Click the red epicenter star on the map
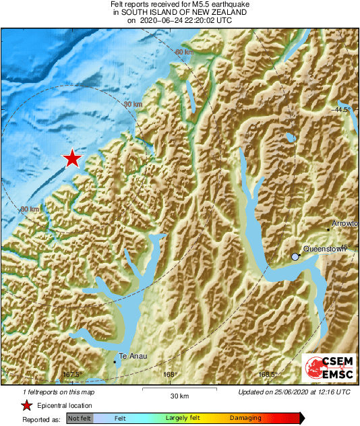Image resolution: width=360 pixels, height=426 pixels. pyautogui.click(x=72, y=159)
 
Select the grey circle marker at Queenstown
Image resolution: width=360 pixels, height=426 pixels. pyautogui.click(x=295, y=257)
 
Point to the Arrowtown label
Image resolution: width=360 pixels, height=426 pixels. pyautogui.click(x=346, y=223)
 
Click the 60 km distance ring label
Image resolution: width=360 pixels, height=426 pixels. pyautogui.click(x=183, y=53)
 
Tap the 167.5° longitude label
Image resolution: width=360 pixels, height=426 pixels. pyautogui.click(x=71, y=375)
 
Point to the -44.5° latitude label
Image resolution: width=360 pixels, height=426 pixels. pyautogui.click(x=343, y=109)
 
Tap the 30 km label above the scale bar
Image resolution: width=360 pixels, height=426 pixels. pyautogui.click(x=179, y=395)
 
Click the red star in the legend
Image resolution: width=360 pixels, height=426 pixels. pyautogui.click(x=26, y=406)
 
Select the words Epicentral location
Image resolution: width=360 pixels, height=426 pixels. pyautogui.click(x=65, y=406)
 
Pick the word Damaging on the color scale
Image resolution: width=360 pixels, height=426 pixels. pyautogui.click(x=245, y=419)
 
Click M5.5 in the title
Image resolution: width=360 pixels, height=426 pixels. pyautogui.click(x=193, y=5)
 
